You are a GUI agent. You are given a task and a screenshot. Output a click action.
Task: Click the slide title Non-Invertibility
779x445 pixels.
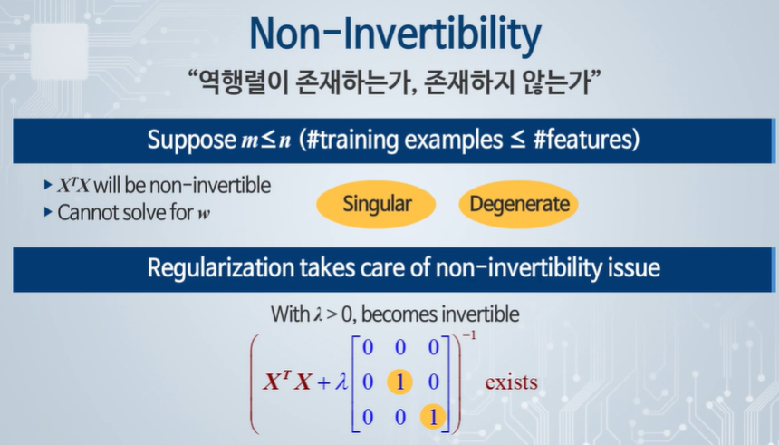click(x=395, y=34)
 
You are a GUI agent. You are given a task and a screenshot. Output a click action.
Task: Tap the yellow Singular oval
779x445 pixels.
click(x=376, y=204)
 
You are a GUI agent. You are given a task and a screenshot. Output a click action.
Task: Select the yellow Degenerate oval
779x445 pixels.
click(x=519, y=204)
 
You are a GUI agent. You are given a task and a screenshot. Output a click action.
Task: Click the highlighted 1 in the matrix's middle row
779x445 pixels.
click(x=400, y=382)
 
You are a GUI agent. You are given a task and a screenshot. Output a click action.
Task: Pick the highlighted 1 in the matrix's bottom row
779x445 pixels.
click(x=433, y=417)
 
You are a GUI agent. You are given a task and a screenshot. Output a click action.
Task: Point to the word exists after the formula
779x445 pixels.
click(x=511, y=382)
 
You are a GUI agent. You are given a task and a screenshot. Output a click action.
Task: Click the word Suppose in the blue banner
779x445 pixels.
click(x=191, y=140)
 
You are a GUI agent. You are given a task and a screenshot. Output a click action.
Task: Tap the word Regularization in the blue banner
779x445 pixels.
click(x=221, y=268)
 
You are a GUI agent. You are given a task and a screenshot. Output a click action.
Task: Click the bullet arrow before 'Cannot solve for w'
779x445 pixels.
click(x=48, y=212)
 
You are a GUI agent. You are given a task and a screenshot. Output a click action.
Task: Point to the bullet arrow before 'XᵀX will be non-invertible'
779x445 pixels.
click(x=48, y=186)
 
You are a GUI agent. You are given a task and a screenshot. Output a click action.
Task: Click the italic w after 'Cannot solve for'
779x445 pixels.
click(x=204, y=214)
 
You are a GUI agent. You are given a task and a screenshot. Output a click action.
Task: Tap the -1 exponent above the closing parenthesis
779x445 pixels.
click(x=469, y=335)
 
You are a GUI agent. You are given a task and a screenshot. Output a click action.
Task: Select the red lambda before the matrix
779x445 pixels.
click(x=341, y=382)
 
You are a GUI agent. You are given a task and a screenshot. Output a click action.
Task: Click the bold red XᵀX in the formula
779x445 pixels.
click(x=288, y=381)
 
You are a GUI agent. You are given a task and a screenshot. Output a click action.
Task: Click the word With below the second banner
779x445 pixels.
click(x=290, y=314)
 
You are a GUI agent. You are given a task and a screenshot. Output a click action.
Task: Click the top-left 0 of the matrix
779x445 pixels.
click(x=368, y=347)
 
